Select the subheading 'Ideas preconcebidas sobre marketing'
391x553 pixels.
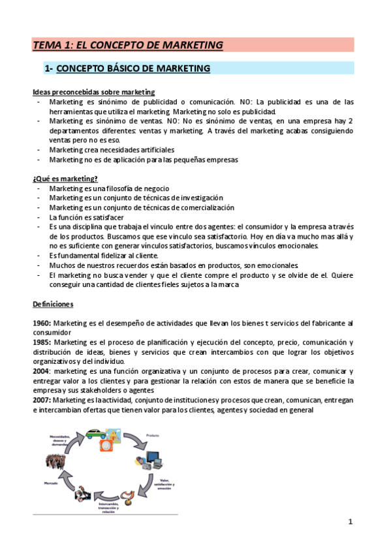coord(93,92)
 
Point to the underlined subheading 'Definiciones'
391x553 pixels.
coord(53,304)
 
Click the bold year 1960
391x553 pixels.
coord(42,323)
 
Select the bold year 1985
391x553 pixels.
coord(42,342)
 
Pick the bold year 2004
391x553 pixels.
coord(42,370)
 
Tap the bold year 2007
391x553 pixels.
coord(42,398)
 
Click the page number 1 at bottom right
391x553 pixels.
coord(351,521)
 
